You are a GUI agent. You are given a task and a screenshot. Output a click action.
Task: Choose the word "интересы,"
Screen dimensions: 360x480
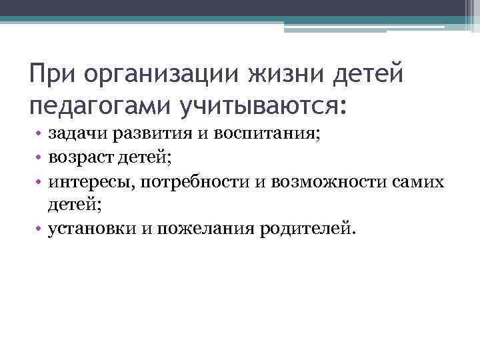pos(87,182)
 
